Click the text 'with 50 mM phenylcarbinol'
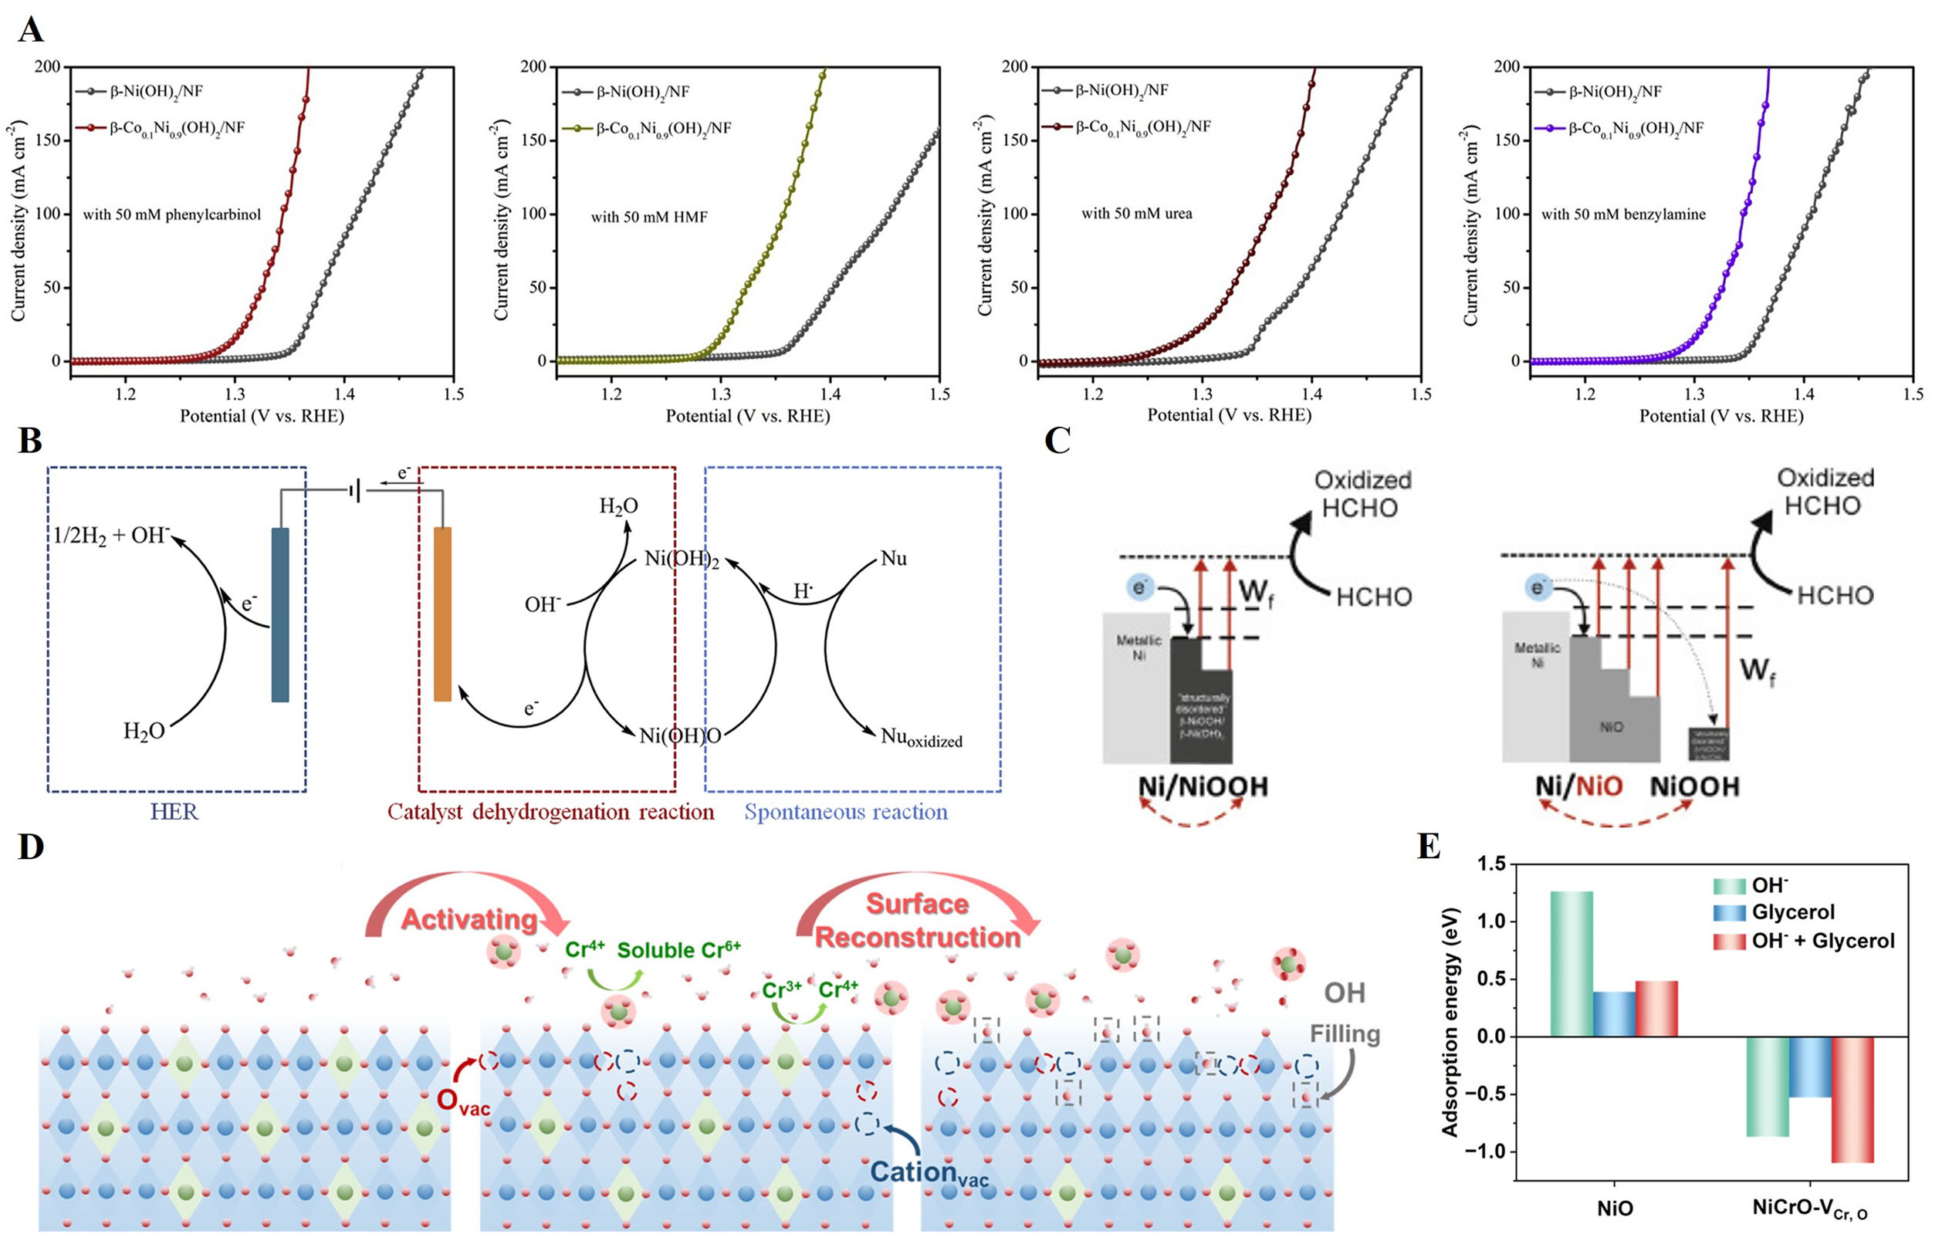172,215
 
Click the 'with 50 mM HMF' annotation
648,217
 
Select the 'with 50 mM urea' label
1136,214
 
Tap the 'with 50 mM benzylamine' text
1622,215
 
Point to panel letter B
30,442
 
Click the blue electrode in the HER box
280,614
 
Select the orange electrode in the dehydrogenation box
443,614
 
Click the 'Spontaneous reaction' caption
845,811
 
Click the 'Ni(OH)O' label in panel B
680,735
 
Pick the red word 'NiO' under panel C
1599,786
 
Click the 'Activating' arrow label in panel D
469,919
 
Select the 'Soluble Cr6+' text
678,950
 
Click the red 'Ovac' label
462,1101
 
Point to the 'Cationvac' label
929,1172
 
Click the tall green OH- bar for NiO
1571,964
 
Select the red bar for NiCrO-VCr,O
1852,1100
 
